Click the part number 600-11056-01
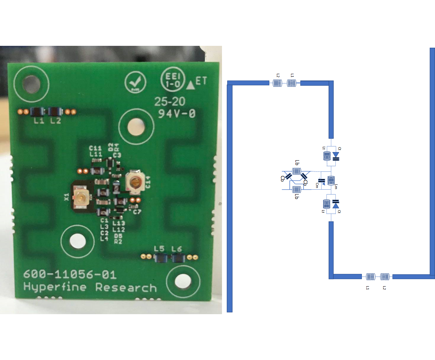[70, 275]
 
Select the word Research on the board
[126, 287]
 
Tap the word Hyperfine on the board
[55, 287]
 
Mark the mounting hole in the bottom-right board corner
[182, 280]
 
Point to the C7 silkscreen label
[137, 212]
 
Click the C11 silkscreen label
[96, 148]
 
